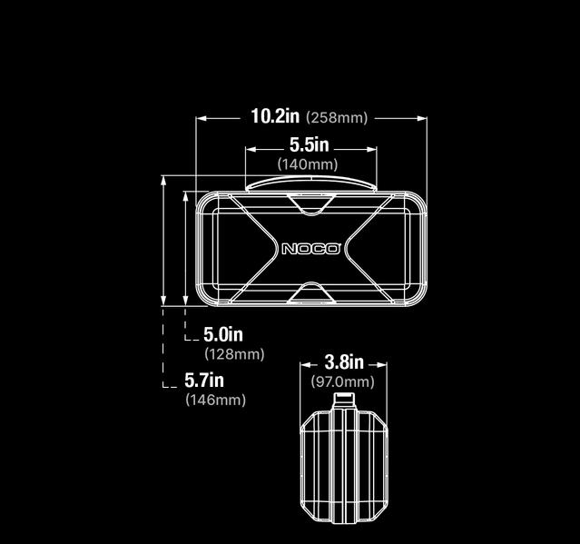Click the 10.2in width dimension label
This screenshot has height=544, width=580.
point(275,116)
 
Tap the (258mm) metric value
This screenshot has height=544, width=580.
point(337,118)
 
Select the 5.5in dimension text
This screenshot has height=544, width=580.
point(309,145)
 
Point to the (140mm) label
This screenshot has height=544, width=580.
point(308,164)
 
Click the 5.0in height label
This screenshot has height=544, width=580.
point(222,334)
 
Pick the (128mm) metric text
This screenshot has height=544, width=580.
point(234,354)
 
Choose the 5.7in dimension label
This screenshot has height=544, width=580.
point(204,380)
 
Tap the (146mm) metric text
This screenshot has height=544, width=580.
point(215,400)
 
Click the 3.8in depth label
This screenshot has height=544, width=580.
point(344,363)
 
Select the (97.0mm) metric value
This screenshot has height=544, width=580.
point(343,382)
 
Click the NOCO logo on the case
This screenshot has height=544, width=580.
point(310,249)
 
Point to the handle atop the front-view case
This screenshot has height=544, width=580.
point(310,183)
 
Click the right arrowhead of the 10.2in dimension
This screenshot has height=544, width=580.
point(422,117)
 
